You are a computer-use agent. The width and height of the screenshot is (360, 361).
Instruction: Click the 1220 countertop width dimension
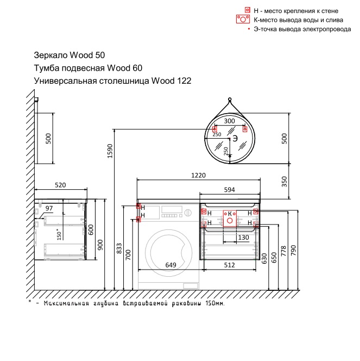198,176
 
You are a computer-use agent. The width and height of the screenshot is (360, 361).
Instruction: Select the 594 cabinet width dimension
230,190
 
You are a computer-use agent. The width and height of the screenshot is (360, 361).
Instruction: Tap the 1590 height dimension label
110,151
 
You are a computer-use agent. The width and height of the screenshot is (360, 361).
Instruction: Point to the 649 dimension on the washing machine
171,265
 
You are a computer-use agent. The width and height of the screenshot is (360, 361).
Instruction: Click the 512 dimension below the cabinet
230,265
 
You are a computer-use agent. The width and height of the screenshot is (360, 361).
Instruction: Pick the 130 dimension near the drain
243,238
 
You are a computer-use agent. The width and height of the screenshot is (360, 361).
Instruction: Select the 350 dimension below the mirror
285,182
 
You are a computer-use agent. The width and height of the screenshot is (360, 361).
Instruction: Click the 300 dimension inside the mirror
230,121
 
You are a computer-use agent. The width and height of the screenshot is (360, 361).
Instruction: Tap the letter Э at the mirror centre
235,139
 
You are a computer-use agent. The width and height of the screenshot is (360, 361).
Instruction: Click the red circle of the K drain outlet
230,221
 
